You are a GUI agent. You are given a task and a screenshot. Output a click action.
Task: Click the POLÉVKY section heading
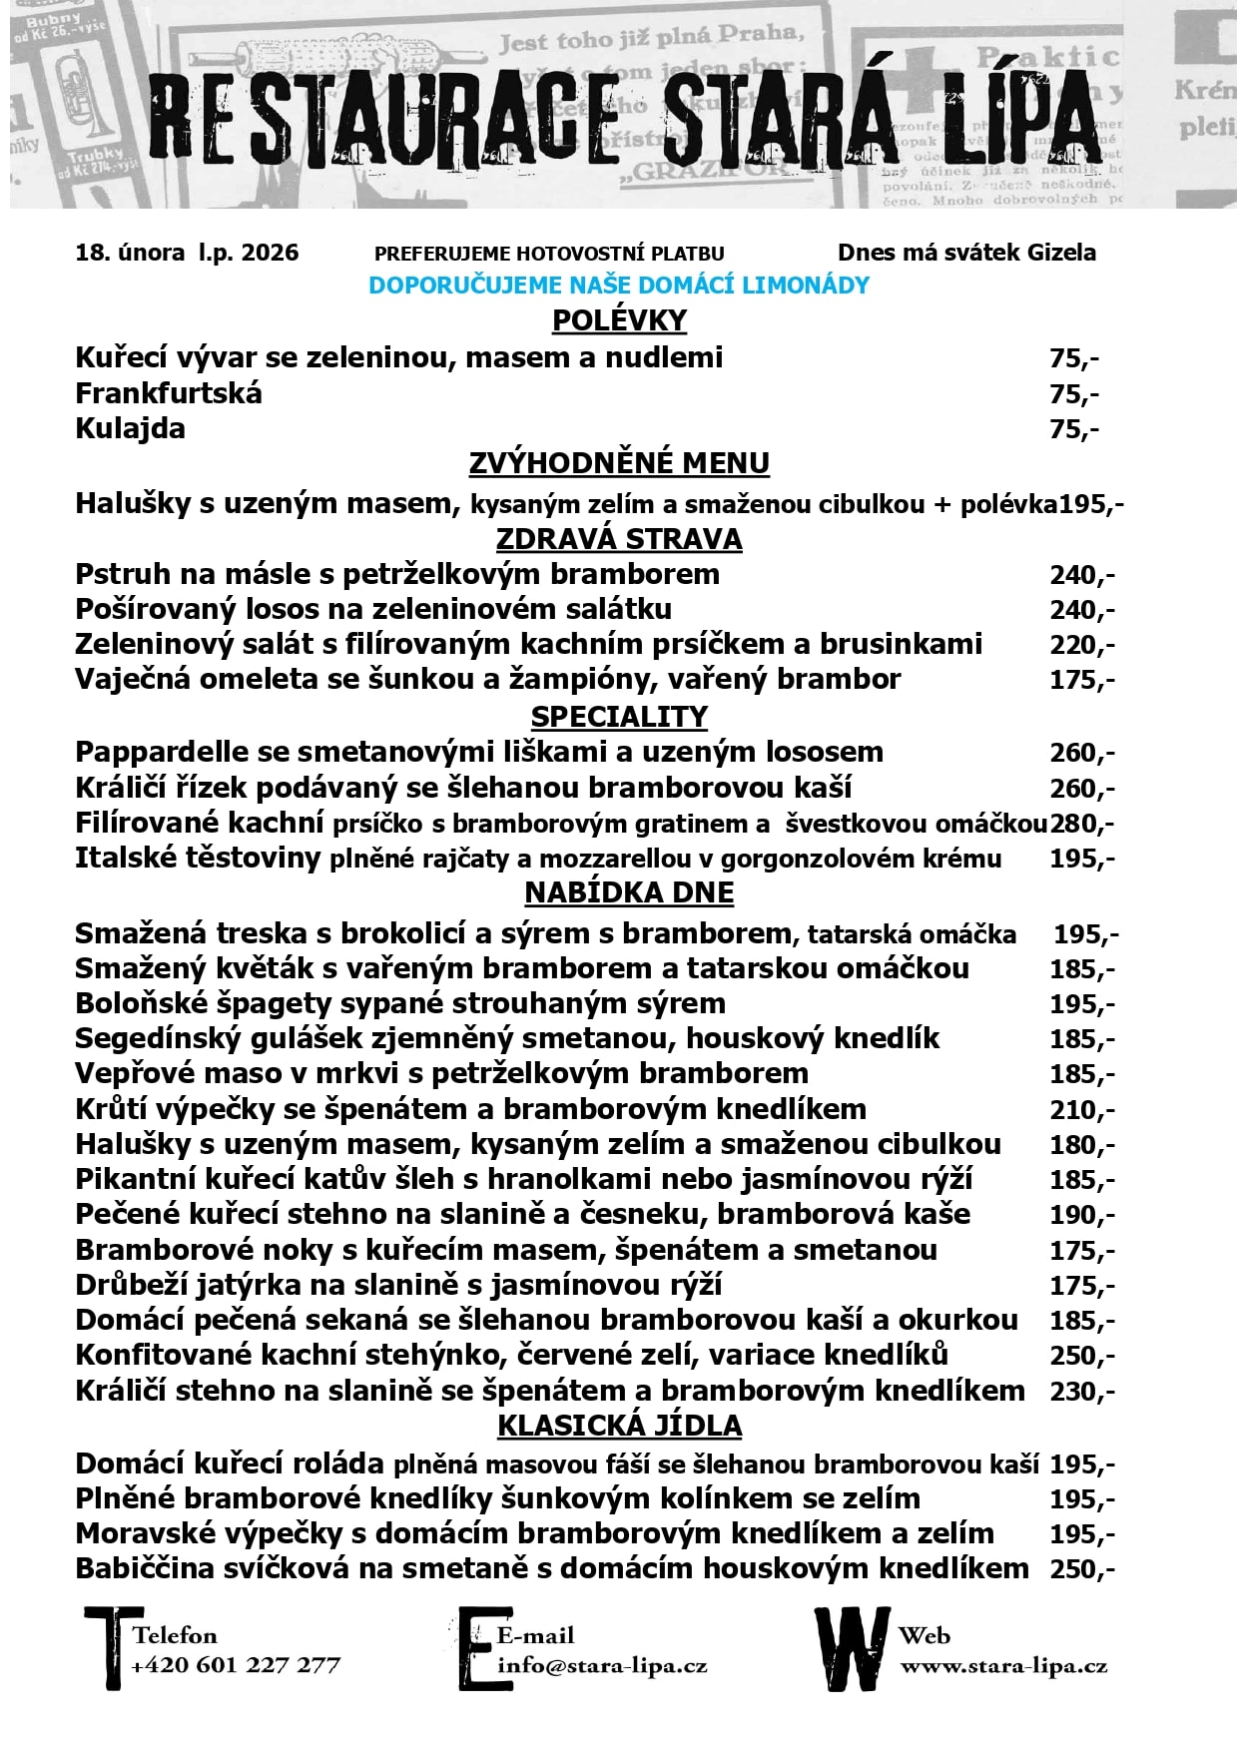(x=619, y=320)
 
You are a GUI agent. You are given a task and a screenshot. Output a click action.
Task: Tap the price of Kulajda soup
(x=1073, y=429)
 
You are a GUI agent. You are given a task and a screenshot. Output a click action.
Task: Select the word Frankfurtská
(x=169, y=393)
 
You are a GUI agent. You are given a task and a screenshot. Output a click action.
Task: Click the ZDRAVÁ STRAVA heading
(x=619, y=539)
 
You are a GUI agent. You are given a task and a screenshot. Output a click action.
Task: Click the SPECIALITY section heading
(x=619, y=717)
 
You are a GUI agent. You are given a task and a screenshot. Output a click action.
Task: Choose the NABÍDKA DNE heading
(x=629, y=892)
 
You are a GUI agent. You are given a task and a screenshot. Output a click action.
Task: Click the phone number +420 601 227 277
(x=236, y=1665)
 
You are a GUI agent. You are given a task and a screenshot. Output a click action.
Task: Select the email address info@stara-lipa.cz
(x=602, y=1665)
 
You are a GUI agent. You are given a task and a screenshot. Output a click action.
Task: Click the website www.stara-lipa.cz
(x=1003, y=1666)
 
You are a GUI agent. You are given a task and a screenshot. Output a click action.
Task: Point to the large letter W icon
(x=851, y=1648)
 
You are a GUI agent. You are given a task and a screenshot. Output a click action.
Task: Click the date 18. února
(x=130, y=253)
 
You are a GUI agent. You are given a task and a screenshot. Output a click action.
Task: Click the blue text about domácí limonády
(x=619, y=285)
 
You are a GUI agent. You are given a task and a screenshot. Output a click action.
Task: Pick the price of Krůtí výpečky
(x=1081, y=1109)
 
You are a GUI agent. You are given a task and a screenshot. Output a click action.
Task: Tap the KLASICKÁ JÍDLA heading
(x=619, y=1426)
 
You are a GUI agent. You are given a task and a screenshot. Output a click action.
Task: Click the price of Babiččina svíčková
(x=1081, y=1568)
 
